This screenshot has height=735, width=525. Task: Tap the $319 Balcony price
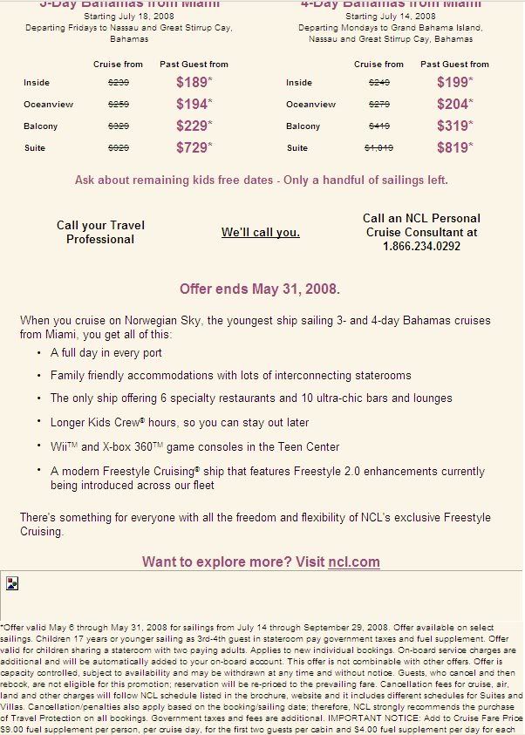(x=453, y=126)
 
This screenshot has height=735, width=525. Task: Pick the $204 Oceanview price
(x=453, y=104)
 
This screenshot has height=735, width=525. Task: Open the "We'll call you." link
(x=260, y=232)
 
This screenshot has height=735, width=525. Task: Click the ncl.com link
(x=354, y=561)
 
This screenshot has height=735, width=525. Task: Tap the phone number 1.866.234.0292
(x=421, y=246)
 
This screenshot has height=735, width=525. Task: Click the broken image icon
(x=12, y=583)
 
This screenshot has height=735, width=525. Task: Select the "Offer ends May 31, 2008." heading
(x=260, y=288)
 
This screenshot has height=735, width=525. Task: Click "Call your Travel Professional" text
(x=100, y=232)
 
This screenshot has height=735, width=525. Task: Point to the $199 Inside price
(x=453, y=82)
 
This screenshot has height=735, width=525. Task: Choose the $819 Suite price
(x=453, y=147)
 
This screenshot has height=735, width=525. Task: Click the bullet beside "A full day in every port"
(x=39, y=353)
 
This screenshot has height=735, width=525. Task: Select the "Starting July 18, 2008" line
(x=128, y=16)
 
